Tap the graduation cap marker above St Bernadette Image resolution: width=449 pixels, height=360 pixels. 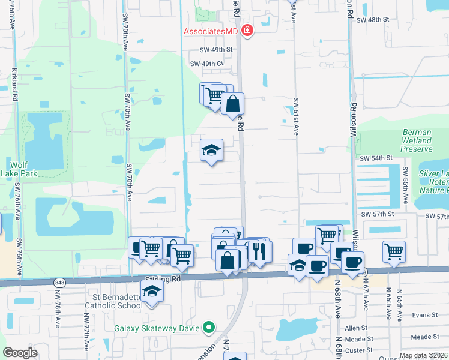pyautogui.click(x=152, y=292)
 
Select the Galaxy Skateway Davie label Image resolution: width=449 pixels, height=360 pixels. pyautogui.click(x=158, y=328)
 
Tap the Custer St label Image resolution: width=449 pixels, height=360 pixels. pyautogui.click(x=360, y=349)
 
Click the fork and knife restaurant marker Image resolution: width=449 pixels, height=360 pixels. pyautogui.click(x=259, y=251)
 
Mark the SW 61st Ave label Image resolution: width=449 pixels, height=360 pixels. pyautogui.click(x=295, y=117)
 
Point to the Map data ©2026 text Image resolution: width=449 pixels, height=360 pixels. pyautogui.click(x=423, y=355)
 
